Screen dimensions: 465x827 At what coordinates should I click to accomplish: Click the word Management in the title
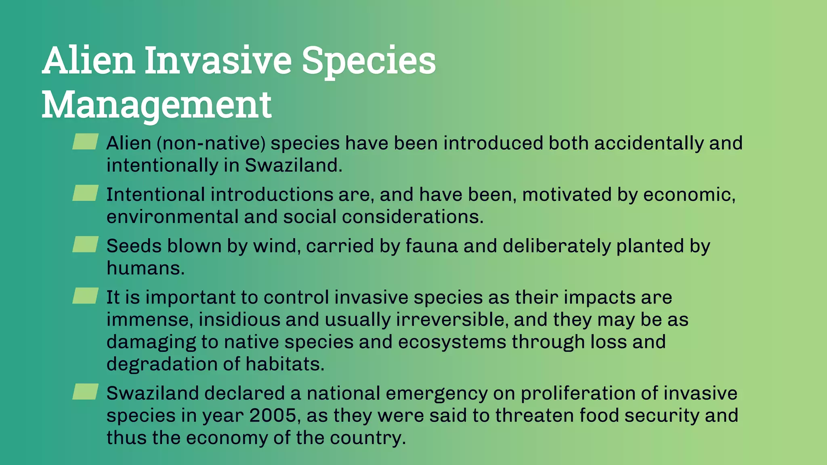point(157,105)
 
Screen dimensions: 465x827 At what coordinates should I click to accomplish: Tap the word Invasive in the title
point(218,61)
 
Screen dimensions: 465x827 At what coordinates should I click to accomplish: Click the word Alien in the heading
point(88,61)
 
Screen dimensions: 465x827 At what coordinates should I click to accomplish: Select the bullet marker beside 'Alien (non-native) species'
point(85,142)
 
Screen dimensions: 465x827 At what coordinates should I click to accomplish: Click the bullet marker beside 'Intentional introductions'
point(85,193)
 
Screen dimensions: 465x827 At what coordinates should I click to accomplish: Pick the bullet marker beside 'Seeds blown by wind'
point(85,244)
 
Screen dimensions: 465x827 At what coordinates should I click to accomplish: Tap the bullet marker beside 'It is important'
point(85,296)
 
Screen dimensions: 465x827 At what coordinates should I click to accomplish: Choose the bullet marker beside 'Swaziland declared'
point(85,392)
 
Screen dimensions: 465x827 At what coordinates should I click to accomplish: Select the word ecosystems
point(452,342)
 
